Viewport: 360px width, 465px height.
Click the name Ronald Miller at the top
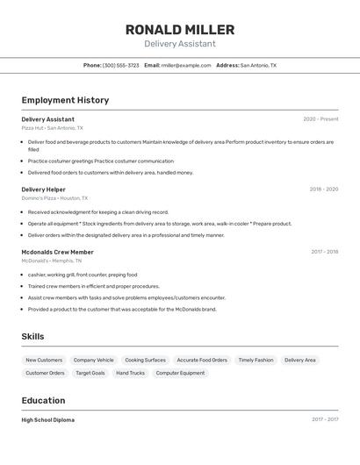click(x=179, y=30)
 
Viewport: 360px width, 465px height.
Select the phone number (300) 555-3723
click(x=120, y=65)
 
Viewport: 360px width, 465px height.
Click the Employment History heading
click(x=65, y=100)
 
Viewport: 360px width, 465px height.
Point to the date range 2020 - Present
click(x=320, y=119)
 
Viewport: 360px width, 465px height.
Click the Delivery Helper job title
click(x=43, y=189)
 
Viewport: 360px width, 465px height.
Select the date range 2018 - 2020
click(x=323, y=189)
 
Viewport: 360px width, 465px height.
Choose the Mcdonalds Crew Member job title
click(x=57, y=252)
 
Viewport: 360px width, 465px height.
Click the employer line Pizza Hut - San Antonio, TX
click(x=54, y=128)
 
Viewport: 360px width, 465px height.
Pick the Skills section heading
click(x=32, y=336)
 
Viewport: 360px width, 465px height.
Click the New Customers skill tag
click(x=44, y=360)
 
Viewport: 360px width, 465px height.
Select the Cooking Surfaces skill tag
click(x=145, y=360)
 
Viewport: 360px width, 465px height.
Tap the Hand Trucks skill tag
click(x=130, y=373)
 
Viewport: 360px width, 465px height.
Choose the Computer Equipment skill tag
click(x=180, y=373)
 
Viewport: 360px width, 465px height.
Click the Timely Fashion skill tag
click(x=256, y=360)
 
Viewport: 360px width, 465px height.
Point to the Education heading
click(x=44, y=400)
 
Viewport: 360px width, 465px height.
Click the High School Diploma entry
click(x=48, y=419)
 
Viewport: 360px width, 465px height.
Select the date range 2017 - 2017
click(x=324, y=419)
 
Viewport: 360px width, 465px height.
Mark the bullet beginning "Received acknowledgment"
click(x=97, y=211)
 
